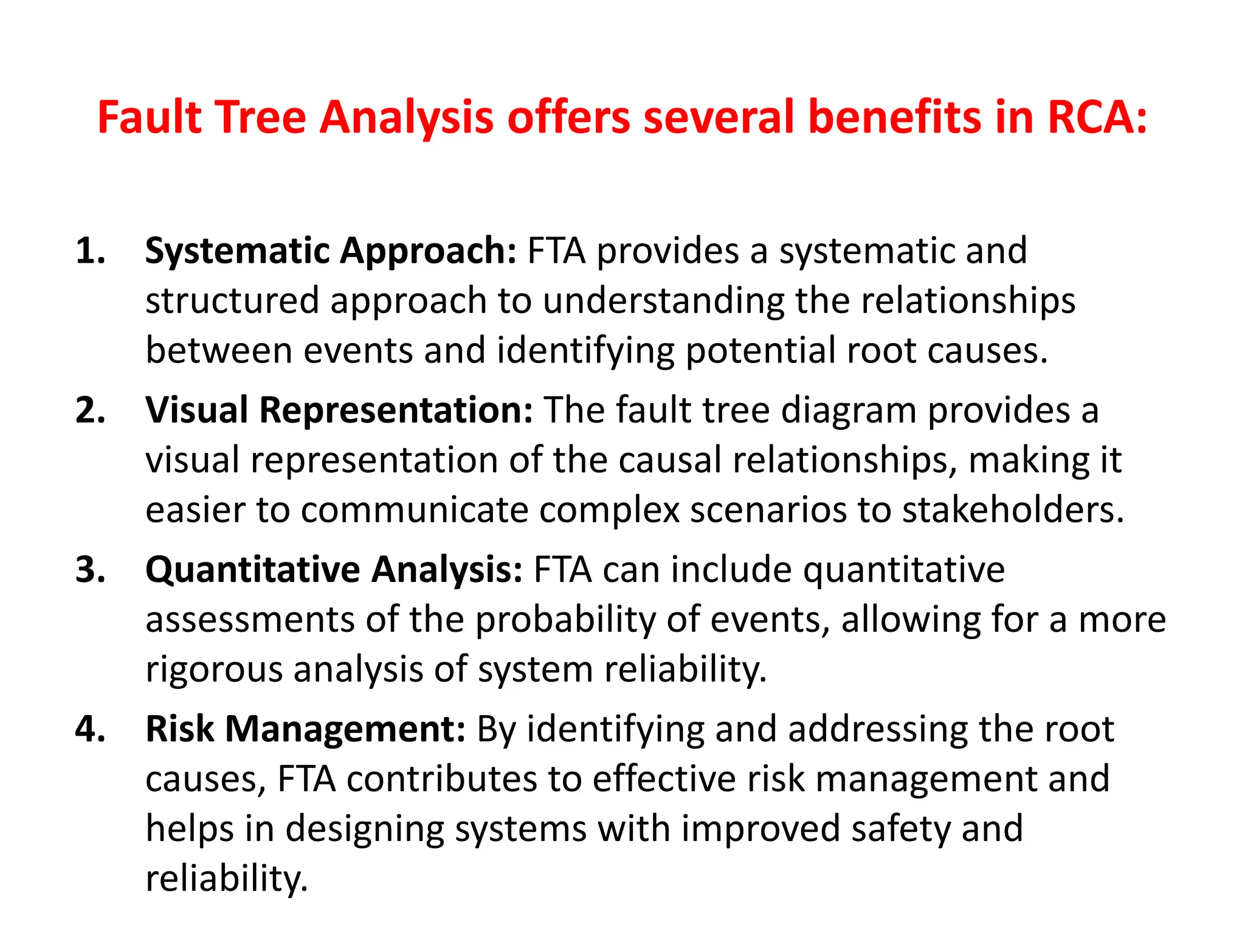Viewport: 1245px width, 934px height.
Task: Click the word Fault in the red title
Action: click(150, 117)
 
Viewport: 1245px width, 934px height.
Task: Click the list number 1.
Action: click(90, 251)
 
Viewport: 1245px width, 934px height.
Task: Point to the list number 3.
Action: click(90, 570)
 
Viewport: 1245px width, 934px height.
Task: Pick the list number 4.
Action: click(90, 729)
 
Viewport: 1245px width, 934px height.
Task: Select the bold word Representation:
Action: click(396, 410)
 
